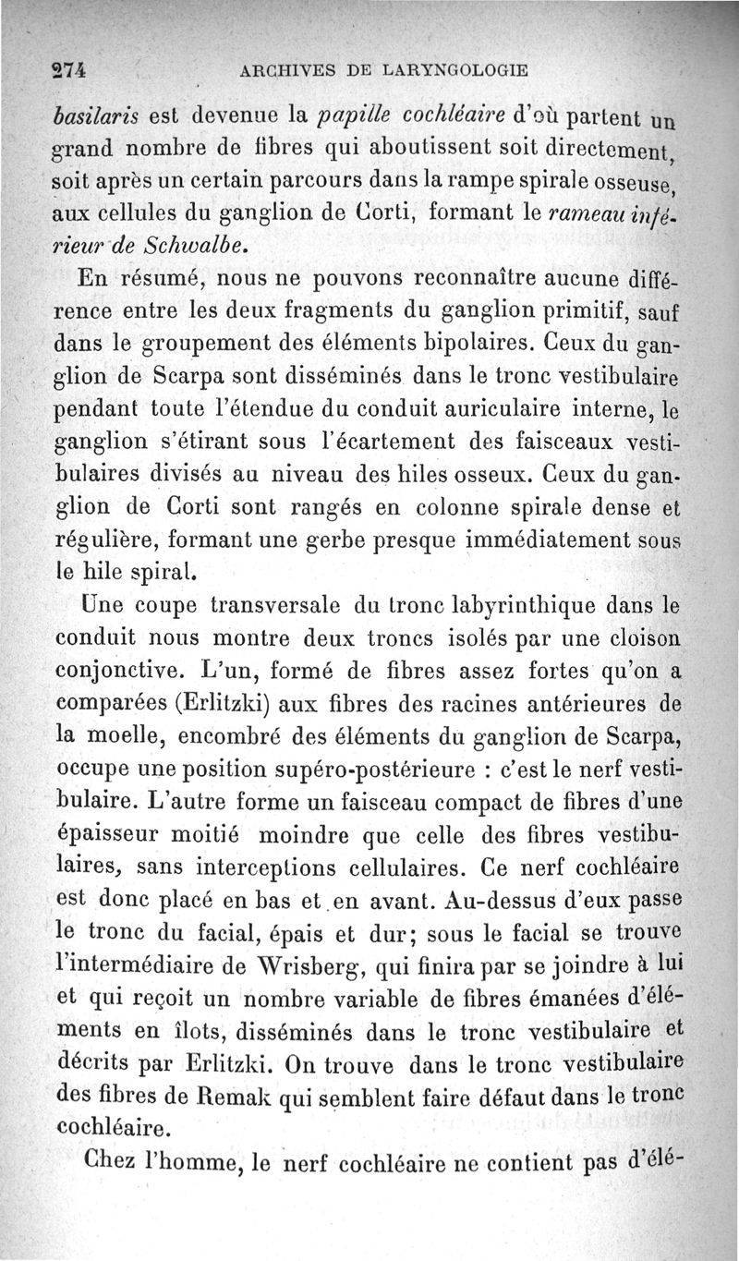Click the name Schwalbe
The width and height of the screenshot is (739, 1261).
coord(199,245)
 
